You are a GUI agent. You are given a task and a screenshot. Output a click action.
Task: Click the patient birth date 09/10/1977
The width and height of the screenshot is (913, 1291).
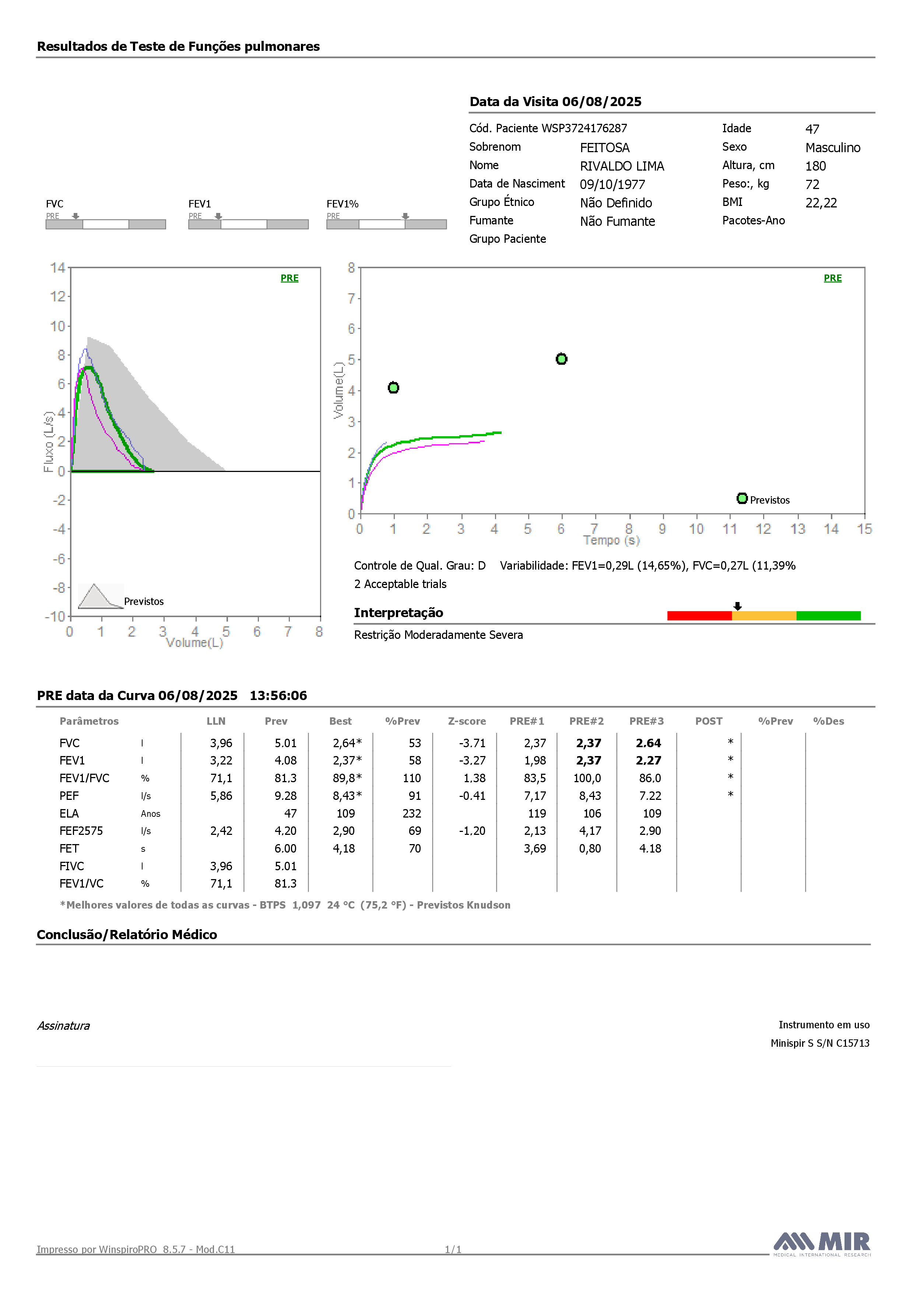(612, 185)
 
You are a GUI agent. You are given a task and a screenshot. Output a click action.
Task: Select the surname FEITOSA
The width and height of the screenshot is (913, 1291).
(605, 147)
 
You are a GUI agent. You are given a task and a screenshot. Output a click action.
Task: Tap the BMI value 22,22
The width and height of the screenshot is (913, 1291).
(821, 203)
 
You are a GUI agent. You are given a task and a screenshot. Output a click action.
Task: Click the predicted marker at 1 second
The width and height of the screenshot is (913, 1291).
(394, 388)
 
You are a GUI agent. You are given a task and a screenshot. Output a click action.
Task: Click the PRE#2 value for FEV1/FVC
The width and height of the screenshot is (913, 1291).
(587, 778)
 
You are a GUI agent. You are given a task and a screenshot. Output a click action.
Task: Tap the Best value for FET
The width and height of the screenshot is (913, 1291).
(344, 849)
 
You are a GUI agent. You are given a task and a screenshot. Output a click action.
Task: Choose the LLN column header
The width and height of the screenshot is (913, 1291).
(216, 721)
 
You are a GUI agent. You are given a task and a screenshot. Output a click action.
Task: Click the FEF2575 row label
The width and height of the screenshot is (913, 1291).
(81, 831)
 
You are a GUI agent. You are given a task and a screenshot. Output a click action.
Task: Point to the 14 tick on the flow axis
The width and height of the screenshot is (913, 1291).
(57, 267)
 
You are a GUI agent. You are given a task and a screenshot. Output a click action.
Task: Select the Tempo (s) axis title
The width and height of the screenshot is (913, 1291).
(612, 540)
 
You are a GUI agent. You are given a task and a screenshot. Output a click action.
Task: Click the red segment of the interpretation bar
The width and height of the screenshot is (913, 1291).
(699, 616)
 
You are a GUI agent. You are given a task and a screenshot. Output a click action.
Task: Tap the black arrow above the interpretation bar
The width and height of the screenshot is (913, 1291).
(738, 606)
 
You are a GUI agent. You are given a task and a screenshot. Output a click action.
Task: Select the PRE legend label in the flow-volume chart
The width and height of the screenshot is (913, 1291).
(289, 278)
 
